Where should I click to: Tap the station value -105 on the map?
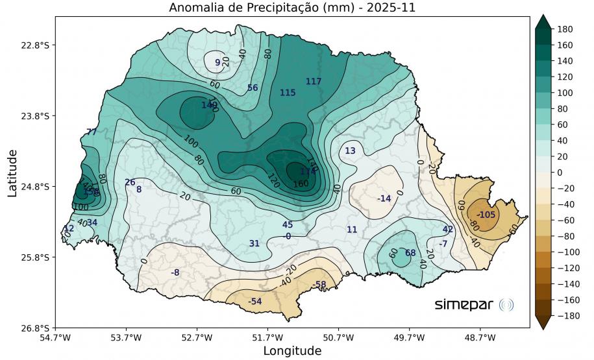click(486, 215)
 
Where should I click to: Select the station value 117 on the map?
click(314, 81)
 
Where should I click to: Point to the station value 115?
click(288, 93)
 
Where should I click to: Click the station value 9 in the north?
click(217, 62)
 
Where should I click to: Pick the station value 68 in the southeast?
click(410, 252)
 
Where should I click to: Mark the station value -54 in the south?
click(255, 302)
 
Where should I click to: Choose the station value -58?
click(319, 285)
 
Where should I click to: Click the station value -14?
click(384, 198)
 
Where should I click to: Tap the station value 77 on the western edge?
click(92, 132)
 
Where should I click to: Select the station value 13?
click(350, 151)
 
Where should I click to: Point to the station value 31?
click(254, 243)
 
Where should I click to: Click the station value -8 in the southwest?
click(175, 272)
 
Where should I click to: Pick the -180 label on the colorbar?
click(567, 315)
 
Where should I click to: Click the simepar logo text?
click(464, 304)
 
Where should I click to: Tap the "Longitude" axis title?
click(291, 351)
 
